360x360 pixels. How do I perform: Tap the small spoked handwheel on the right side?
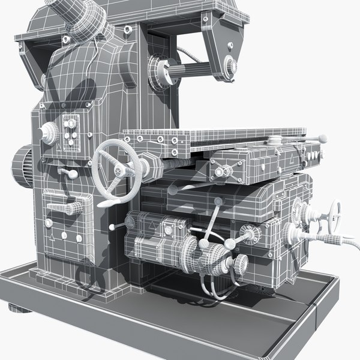[334, 211]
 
